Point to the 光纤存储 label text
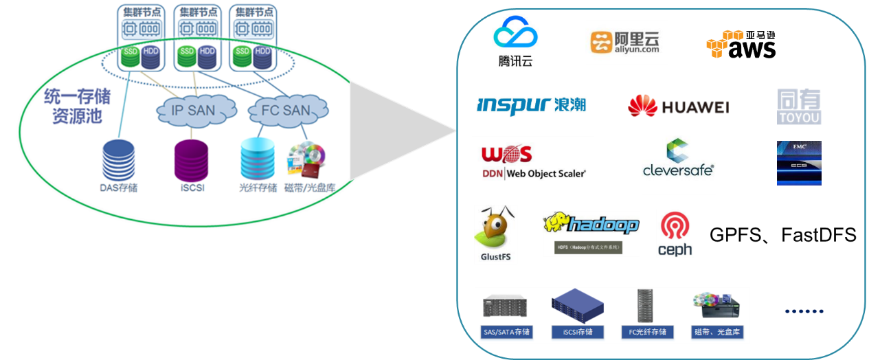[x=258, y=188]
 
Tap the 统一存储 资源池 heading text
[x=77, y=106]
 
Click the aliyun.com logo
[x=627, y=43]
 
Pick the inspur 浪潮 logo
[x=531, y=105]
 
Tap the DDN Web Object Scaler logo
[x=532, y=161]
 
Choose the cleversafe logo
[x=678, y=157]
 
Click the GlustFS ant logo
[x=495, y=234]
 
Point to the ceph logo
[x=675, y=234]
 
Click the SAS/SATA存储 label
[x=506, y=333]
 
